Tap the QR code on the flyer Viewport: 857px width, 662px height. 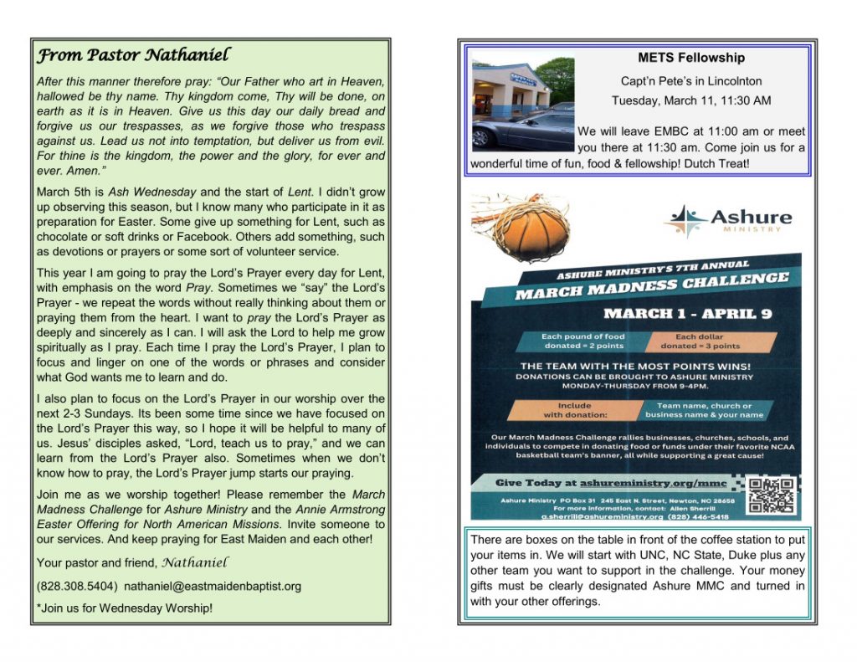769,495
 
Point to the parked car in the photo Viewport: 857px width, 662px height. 519,130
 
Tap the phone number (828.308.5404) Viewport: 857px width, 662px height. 77,586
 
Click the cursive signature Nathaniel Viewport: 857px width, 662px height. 194,561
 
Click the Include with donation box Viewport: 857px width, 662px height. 567,410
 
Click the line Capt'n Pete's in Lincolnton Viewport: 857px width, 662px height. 690,81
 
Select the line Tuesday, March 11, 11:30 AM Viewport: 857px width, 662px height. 690,101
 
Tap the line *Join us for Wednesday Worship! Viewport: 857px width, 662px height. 125,608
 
